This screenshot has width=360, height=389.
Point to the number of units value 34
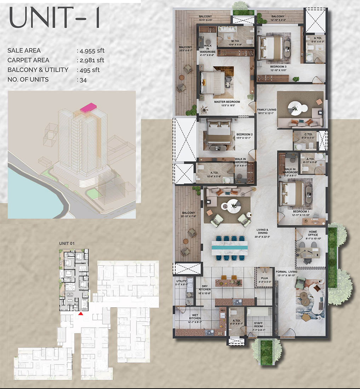[84, 80]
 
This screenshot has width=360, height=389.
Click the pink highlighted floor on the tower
[88, 108]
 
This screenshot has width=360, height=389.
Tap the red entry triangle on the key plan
[81, 313]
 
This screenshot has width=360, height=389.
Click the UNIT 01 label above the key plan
[67, 243]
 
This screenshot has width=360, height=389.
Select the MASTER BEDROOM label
[227, 102]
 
